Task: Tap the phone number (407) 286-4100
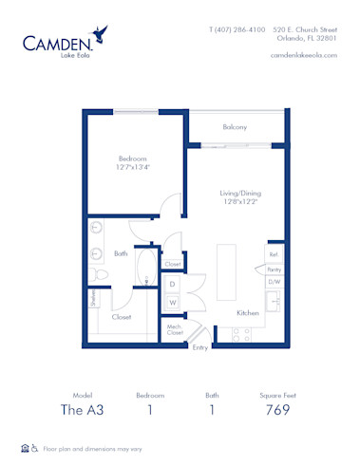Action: [x=237, y=30]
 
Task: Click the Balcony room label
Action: [x=235, y=127]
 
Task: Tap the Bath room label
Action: [x=121, y=253]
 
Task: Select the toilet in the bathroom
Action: [x=102, y=272]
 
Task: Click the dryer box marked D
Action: [x=173, y=284]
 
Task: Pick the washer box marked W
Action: [x=173, y=303]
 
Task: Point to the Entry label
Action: [x=200, y=347]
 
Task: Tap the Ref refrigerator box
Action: [x=273, y=254]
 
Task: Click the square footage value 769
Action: [x=277, y=410]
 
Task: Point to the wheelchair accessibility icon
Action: [x=34, y=448]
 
